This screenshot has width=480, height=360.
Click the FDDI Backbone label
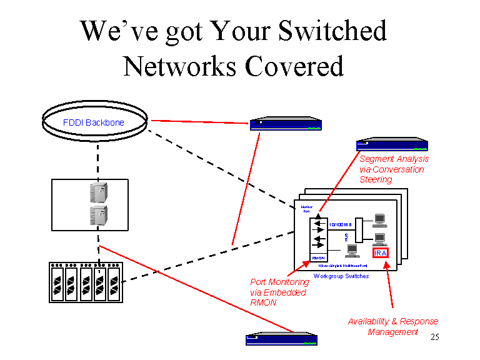pos(93,122)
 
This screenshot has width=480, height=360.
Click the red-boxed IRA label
pos(381,252)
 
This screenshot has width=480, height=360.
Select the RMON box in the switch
pos(317,257)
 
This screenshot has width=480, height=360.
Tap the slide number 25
pos(435,337)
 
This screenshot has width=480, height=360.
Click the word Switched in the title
pos(332,31)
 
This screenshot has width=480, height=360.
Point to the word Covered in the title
pos(294,66)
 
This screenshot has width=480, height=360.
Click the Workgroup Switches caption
pos(341,276)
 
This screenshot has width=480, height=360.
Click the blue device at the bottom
pos(281,339)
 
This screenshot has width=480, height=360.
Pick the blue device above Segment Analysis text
pos(391,144)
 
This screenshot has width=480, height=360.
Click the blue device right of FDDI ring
pos(286,124)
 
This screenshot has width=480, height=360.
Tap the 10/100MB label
pos(341,223)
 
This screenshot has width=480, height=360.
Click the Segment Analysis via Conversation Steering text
pos(394,169)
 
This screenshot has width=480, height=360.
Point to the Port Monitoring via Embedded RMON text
pos(279,292)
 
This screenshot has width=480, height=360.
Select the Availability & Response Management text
pos(393,326)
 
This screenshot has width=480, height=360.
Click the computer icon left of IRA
pos(351,250)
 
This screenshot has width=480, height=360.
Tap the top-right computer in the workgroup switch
pos(379,219)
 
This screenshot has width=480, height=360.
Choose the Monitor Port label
pos(307,209)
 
